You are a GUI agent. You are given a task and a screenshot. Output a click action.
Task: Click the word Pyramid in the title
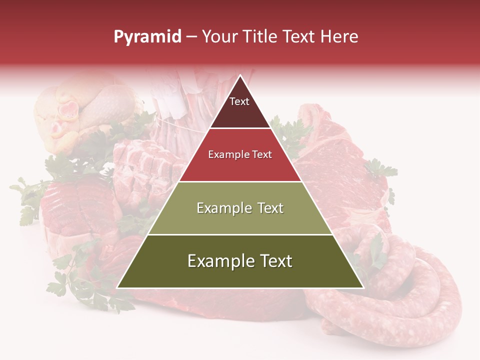point(147,37)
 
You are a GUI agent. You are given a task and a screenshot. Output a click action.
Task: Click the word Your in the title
point(218,37)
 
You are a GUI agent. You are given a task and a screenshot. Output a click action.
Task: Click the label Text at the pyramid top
point(239,101)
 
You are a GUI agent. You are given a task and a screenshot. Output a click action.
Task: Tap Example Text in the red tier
point(240,154)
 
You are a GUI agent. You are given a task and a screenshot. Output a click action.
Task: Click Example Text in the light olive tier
point(240,208)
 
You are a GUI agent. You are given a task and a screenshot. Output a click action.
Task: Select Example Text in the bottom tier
point(240,261)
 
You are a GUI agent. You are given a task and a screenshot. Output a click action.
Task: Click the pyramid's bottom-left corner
point(117,287)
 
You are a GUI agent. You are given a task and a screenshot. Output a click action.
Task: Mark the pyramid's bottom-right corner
point(363,287)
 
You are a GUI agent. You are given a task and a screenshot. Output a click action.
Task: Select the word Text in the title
point(300,37)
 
